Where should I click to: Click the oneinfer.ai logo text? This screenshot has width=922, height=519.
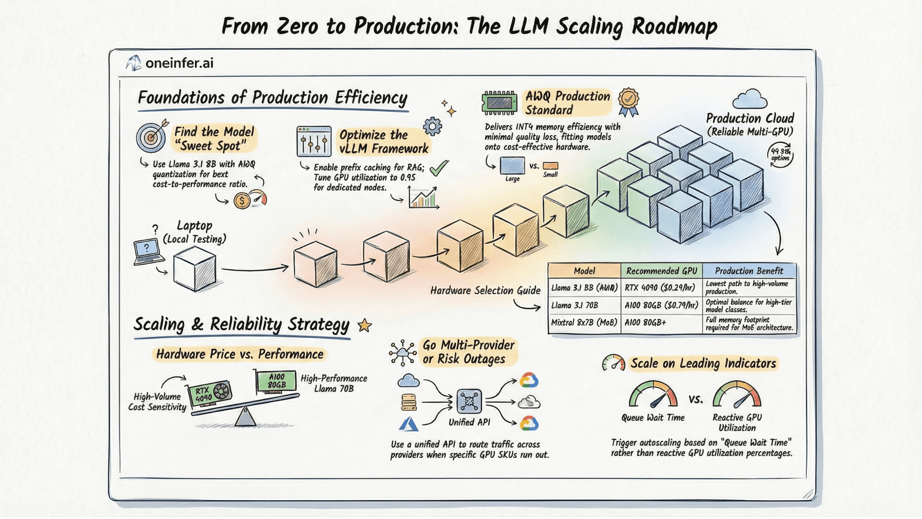(x=179, y=63)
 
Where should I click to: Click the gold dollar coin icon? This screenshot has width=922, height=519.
(x=242, y=200)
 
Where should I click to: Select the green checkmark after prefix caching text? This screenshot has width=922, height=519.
(x=439, y=168)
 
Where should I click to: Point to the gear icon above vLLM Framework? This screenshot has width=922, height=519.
(x=432, y=127)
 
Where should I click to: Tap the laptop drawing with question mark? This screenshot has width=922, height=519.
(x=147, y=251)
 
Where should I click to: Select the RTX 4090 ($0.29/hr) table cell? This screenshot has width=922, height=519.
(x=661, y=288)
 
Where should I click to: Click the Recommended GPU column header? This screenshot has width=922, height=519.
(x=661, y=271)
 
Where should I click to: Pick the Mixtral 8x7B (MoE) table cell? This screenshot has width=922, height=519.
(x=584, y=322)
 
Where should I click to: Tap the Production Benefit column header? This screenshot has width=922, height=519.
(x=749, y=271)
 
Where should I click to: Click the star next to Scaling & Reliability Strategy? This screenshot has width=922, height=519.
(x=365, y=326)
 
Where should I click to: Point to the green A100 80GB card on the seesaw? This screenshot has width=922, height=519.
(x=276, y=381)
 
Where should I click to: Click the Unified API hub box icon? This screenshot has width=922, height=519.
(x=469, y=401)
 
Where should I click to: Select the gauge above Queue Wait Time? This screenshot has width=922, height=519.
(x=653, y=395)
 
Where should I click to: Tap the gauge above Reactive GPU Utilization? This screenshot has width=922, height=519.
(x=737, y=395)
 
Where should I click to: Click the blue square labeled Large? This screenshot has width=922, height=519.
(x=512, y=166)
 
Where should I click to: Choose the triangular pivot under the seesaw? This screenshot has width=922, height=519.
(x=245, y=417)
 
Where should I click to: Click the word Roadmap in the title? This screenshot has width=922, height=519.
(x=674, y=26)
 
